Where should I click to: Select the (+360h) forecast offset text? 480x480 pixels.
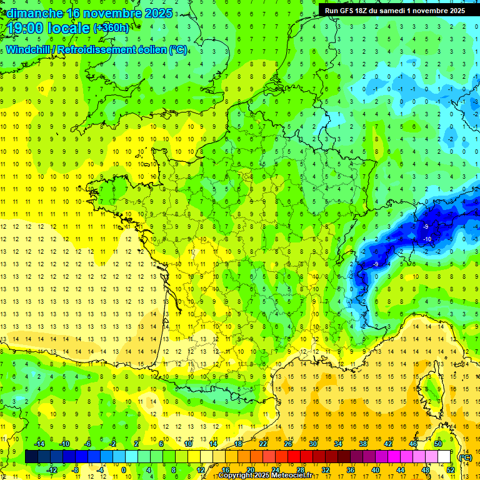point(111,27)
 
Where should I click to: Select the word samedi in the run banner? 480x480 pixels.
point(397,11)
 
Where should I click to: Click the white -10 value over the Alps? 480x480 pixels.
point(427,239)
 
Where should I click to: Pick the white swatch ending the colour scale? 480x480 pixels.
point(444,457)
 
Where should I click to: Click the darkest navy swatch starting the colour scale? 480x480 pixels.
point(31,457)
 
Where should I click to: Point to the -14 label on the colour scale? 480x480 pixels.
point(39,444)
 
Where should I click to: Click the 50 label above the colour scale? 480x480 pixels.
point(437,444)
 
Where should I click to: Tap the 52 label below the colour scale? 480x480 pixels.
point(451,469)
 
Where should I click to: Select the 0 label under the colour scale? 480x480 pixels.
point(124,469)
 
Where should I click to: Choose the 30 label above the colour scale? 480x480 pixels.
point(313,444)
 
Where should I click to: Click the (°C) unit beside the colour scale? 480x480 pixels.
point(465,457)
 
